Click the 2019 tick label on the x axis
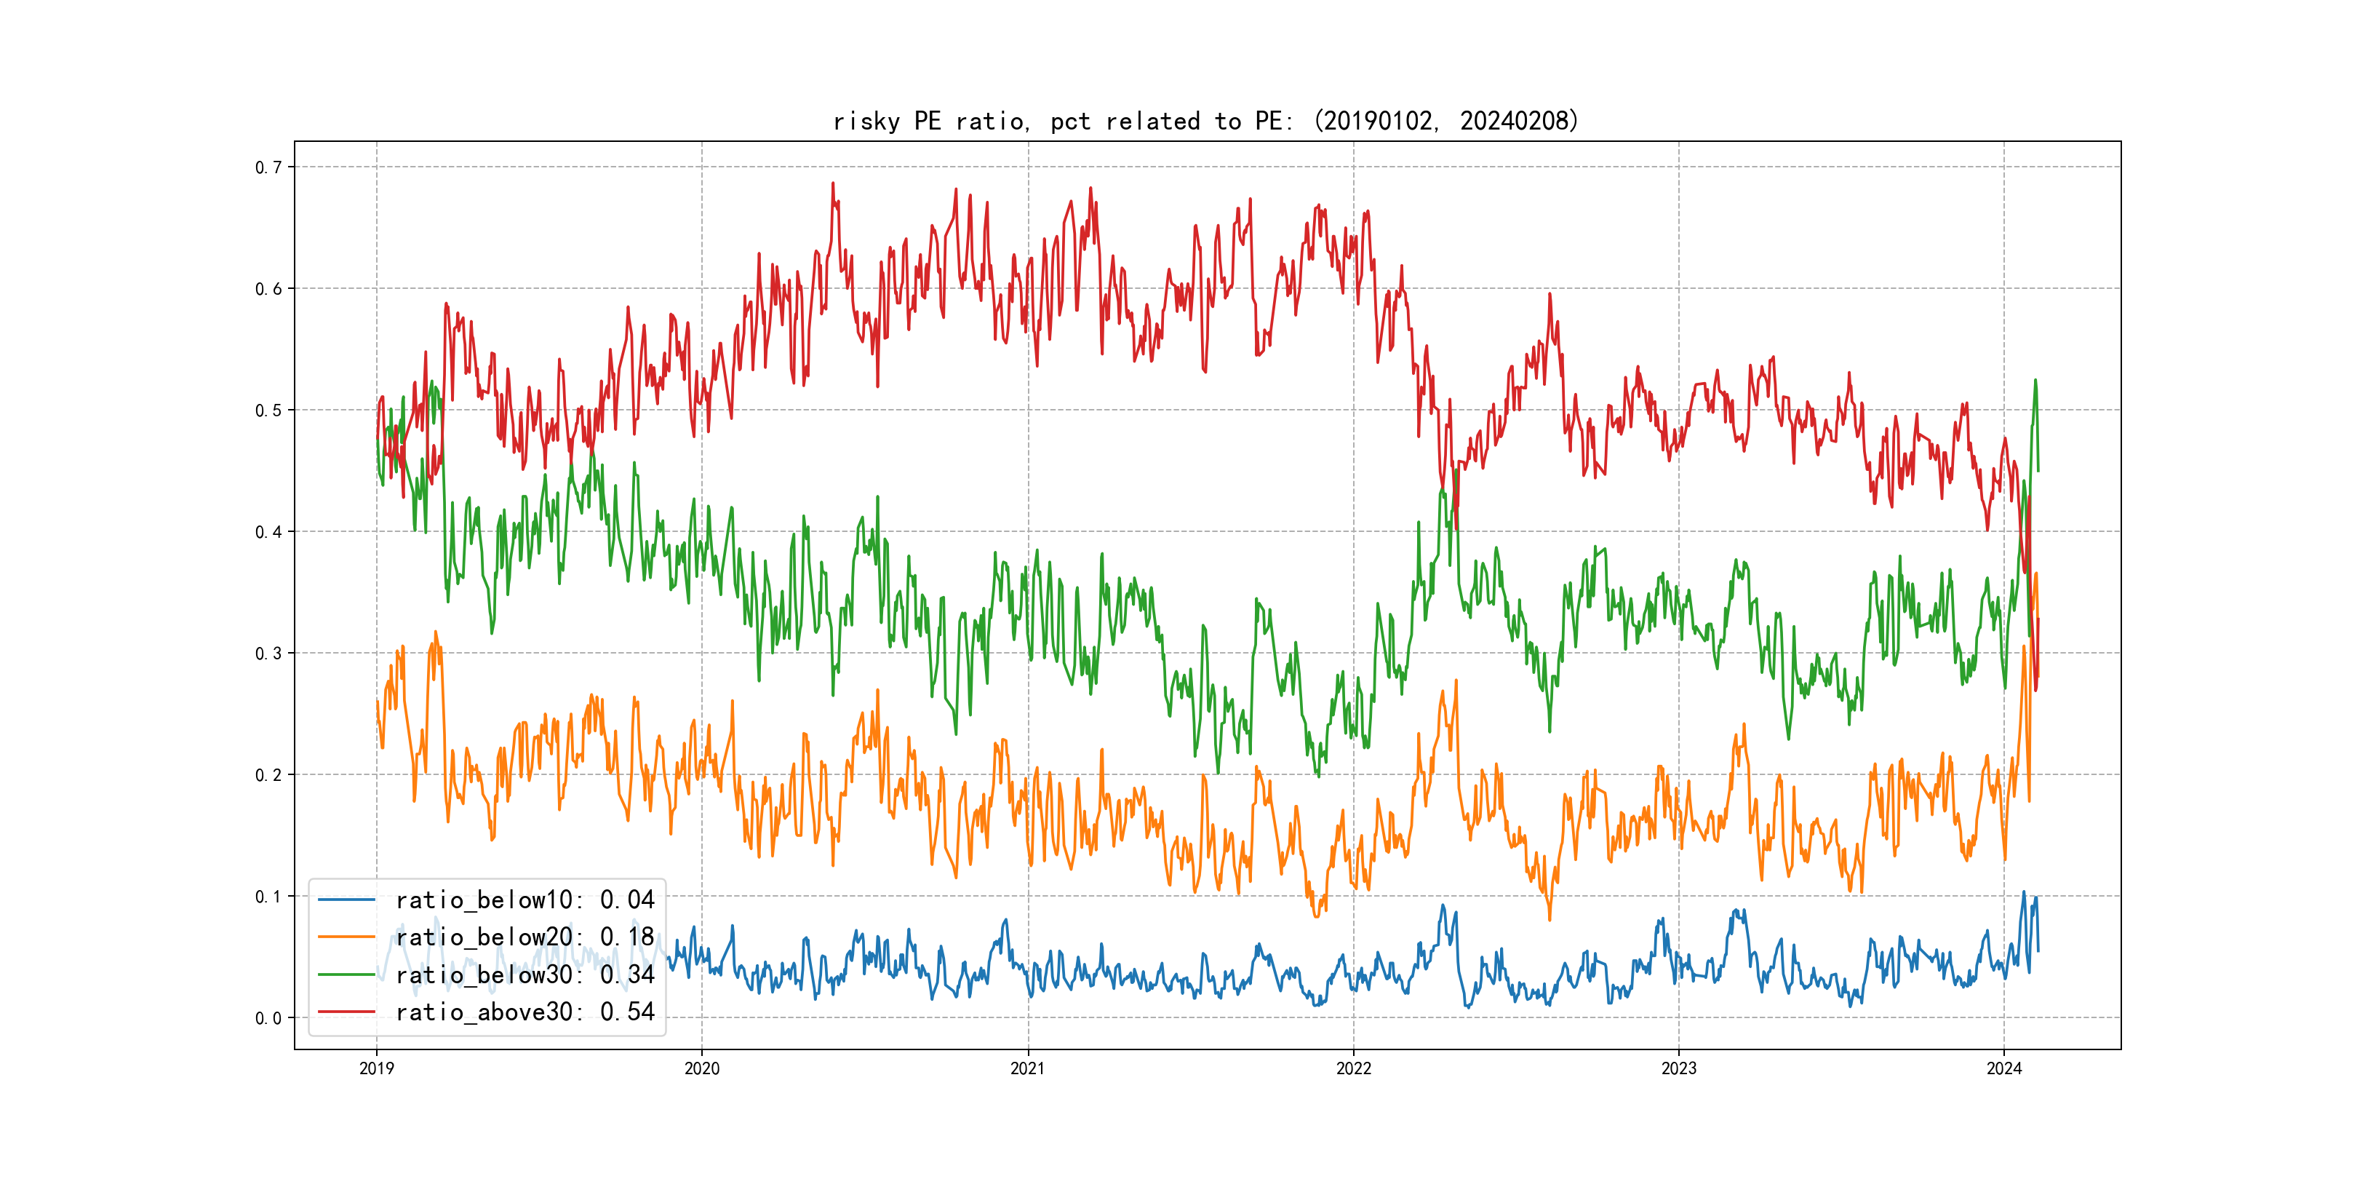coord(376,1068)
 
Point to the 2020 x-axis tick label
coord(702,1068)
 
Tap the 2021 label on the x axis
coord(1027,1068)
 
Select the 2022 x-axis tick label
coord(1353,1068)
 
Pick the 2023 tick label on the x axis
coord(1678,1068)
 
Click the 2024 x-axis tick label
coord(2004,1068)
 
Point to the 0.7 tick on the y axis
coord(268,167)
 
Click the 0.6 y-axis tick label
coord(268,289)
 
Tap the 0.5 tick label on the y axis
coord(268,410)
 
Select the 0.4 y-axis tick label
coord(268,532)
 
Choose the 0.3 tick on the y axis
coord(268,654)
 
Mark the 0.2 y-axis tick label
coord(268,775)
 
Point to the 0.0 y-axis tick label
coord(268,1018)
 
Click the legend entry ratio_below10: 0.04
coord(525,900)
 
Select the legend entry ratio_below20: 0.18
coord(525,937)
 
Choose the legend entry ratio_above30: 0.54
coord(525,1012)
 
